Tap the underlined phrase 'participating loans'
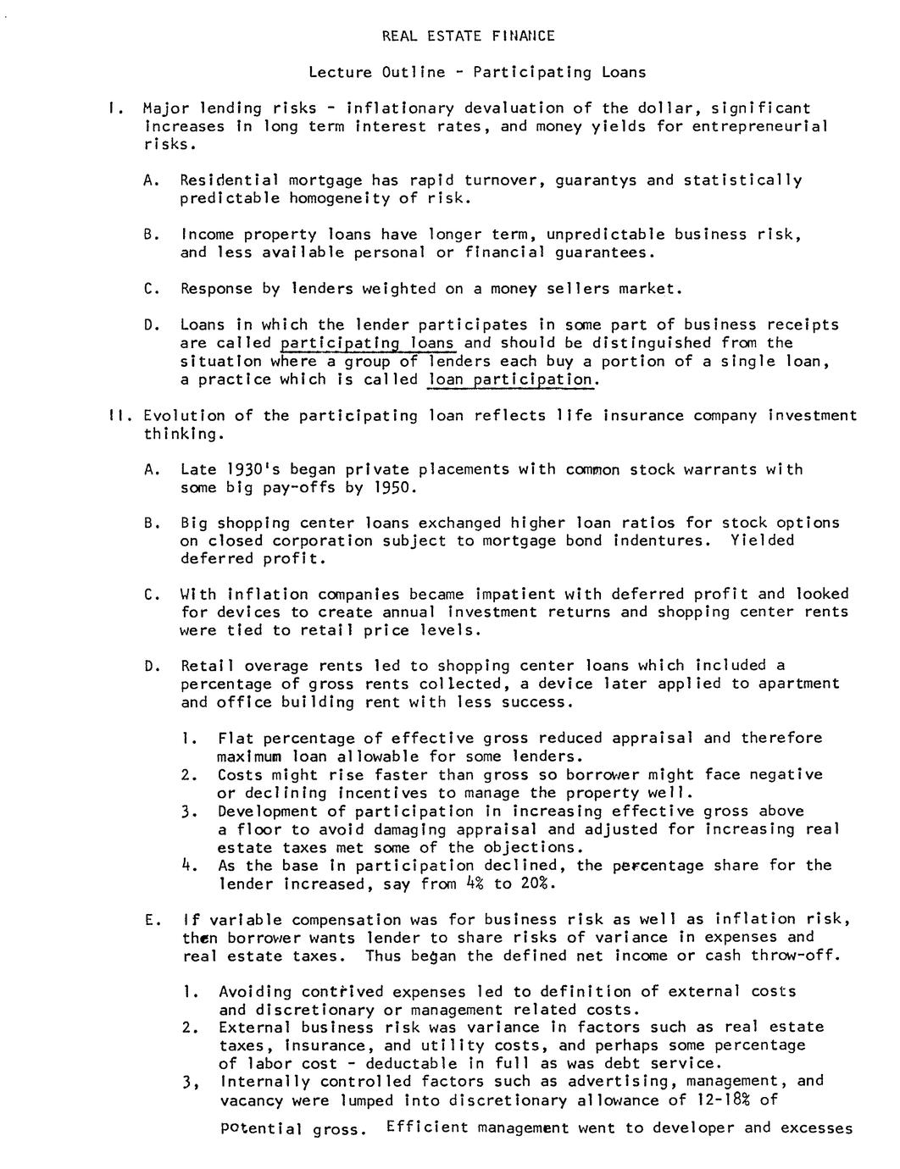pyautogui.click(x=367, y=343)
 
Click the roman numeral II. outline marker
pyautogui.click(x=117, y=415)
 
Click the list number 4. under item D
pyautogui.click(x=186, y=866)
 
